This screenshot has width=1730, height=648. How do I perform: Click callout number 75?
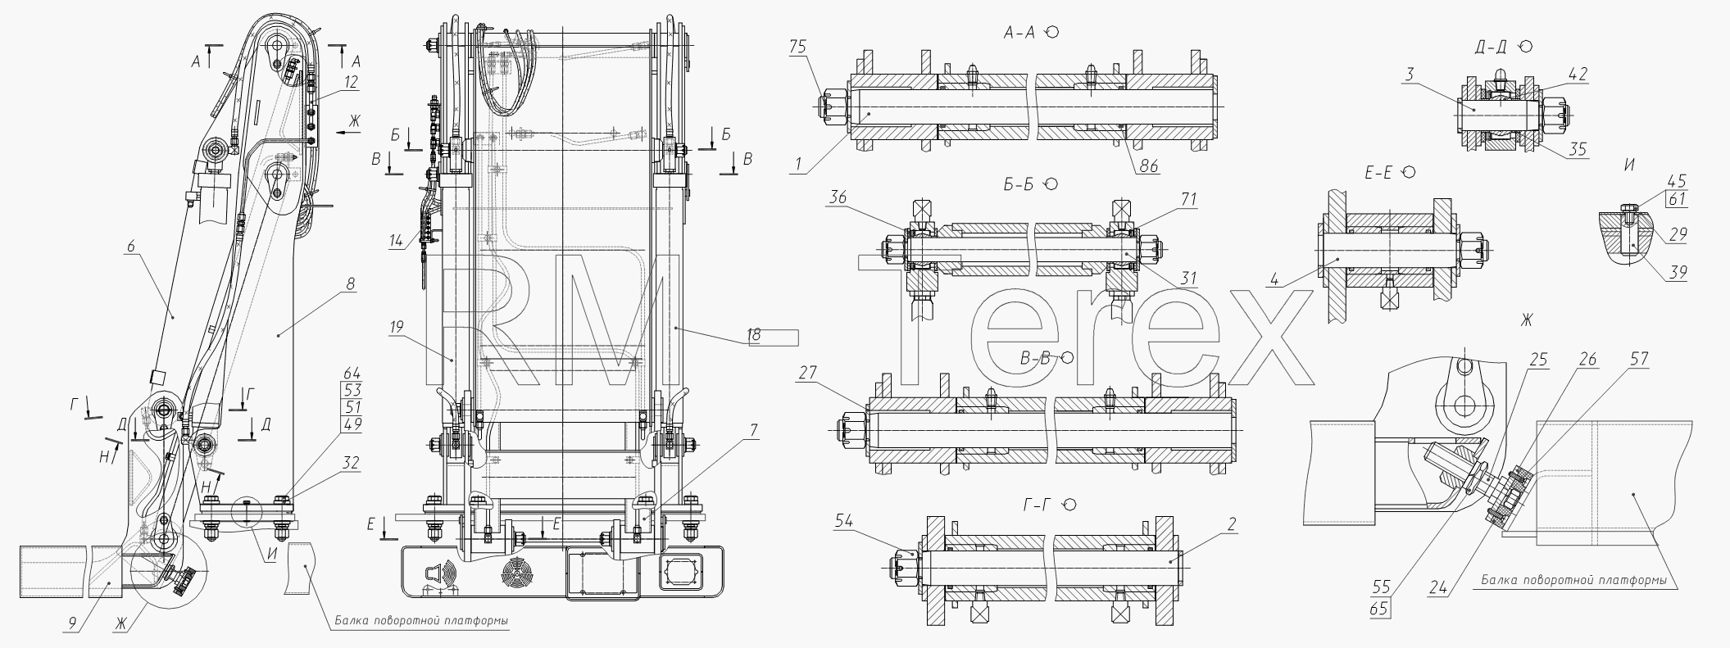[798, 48]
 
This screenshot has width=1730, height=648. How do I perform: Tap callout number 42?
[1578, 74]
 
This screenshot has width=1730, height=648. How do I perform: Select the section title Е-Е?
[1378, 173]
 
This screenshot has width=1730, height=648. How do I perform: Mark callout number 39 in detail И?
[1678, 273]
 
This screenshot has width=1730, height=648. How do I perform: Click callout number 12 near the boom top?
[351, 82]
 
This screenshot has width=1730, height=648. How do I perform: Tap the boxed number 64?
[352, 373]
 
